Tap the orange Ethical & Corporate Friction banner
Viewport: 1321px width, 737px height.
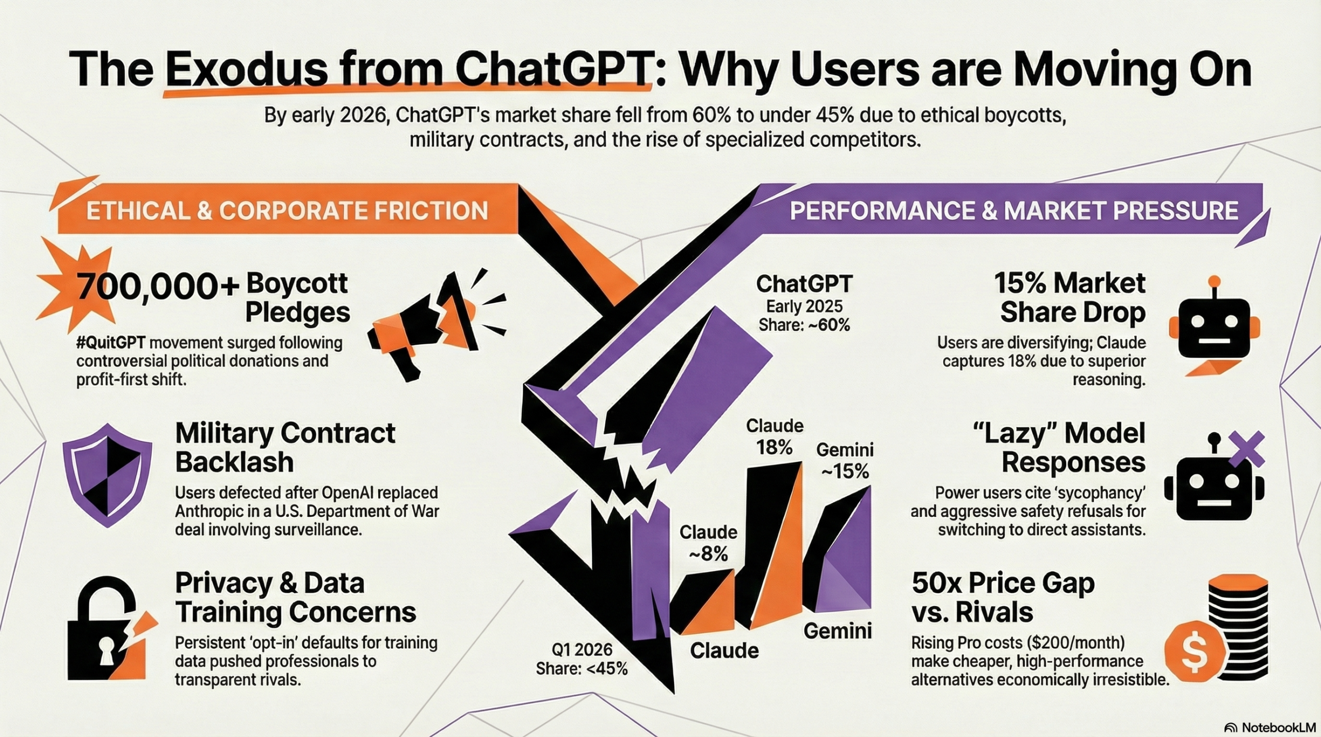[x=287, y=211]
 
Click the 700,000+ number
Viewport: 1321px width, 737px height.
[x=157, y=287]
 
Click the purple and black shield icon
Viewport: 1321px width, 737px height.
[x=108, y=474]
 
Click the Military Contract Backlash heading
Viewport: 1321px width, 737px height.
[x=285, y=447]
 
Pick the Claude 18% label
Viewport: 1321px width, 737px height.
[x=775, y=436]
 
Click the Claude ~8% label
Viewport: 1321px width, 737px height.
[x=708, y=543]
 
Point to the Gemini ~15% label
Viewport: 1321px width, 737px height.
[x=845, y=460]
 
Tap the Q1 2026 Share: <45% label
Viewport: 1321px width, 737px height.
[x=582, y=659]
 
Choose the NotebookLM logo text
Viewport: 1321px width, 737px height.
[x=1270, y=727]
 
